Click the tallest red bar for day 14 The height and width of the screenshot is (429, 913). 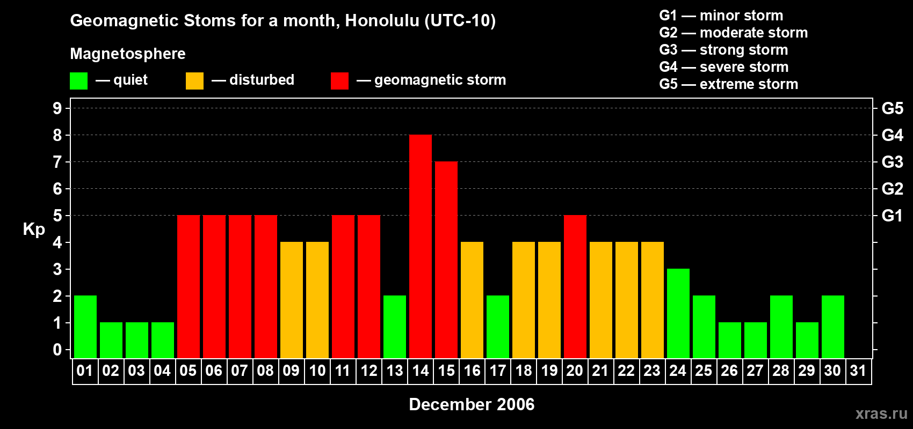421,246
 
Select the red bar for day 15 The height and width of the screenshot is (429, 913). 446,260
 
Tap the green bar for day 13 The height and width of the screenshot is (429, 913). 395,327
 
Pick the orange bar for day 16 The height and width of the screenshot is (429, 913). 472,300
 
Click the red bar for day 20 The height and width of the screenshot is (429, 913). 575,286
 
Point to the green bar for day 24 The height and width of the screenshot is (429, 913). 678,313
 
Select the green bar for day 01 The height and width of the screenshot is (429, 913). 85,327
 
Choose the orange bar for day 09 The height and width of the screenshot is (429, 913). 292,300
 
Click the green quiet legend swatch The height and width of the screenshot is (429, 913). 78,80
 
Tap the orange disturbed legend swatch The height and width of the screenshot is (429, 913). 194,80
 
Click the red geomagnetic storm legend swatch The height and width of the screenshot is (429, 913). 339,80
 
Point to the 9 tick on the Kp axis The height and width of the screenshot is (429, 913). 57,108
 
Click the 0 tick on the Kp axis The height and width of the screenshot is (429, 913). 57,350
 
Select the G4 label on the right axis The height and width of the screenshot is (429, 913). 893,135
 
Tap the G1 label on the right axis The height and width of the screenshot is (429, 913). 893,216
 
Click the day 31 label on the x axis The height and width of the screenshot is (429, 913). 858,371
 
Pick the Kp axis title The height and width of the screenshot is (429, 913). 34,230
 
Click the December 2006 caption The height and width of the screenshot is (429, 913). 472,404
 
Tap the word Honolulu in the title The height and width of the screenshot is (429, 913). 382,20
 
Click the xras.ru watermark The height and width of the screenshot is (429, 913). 881,413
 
